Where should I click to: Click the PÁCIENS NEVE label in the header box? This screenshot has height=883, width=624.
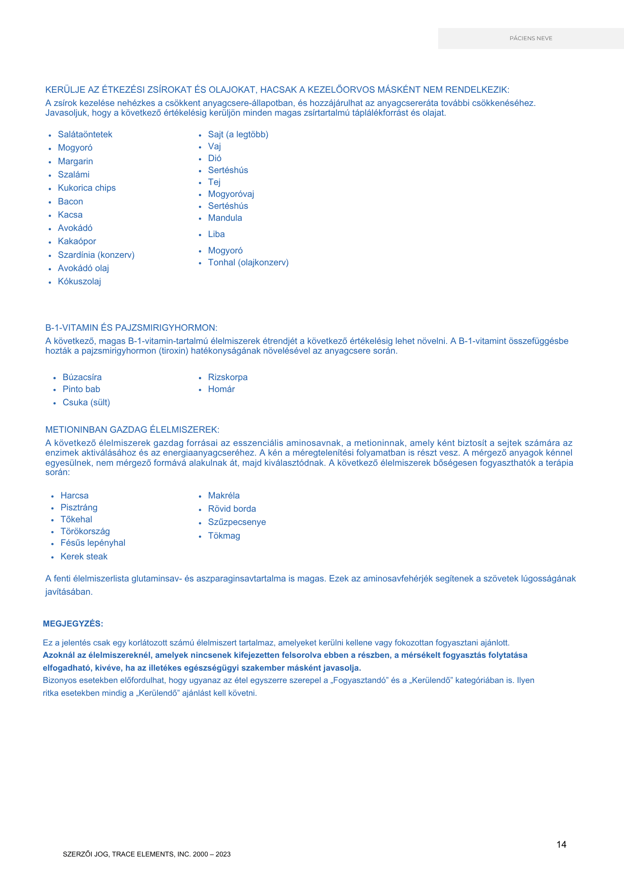530,38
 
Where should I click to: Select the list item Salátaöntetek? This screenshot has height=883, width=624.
85,135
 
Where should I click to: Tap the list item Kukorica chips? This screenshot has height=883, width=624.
86,188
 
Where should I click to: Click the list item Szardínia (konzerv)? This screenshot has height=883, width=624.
96,255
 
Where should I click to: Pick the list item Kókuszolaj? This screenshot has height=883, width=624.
79,282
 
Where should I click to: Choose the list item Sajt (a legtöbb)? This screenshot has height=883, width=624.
238,135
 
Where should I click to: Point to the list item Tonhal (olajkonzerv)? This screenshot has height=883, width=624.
248,263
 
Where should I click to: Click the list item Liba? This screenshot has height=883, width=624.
216,234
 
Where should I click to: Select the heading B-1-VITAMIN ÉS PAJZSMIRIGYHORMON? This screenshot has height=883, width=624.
131,328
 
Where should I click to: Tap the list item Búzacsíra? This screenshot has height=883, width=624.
82,377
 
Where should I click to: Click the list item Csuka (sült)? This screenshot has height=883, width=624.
86,403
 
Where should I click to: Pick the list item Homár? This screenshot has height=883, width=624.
221,389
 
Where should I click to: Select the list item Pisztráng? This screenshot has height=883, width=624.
79,508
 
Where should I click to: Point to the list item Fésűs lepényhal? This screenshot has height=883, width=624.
93,543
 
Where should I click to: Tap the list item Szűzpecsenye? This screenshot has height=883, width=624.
237,522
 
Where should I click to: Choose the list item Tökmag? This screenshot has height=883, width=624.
224,536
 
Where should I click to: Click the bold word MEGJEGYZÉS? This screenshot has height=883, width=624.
73,624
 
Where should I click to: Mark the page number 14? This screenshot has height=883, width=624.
561,845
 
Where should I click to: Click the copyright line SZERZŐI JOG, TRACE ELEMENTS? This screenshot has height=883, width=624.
147,854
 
